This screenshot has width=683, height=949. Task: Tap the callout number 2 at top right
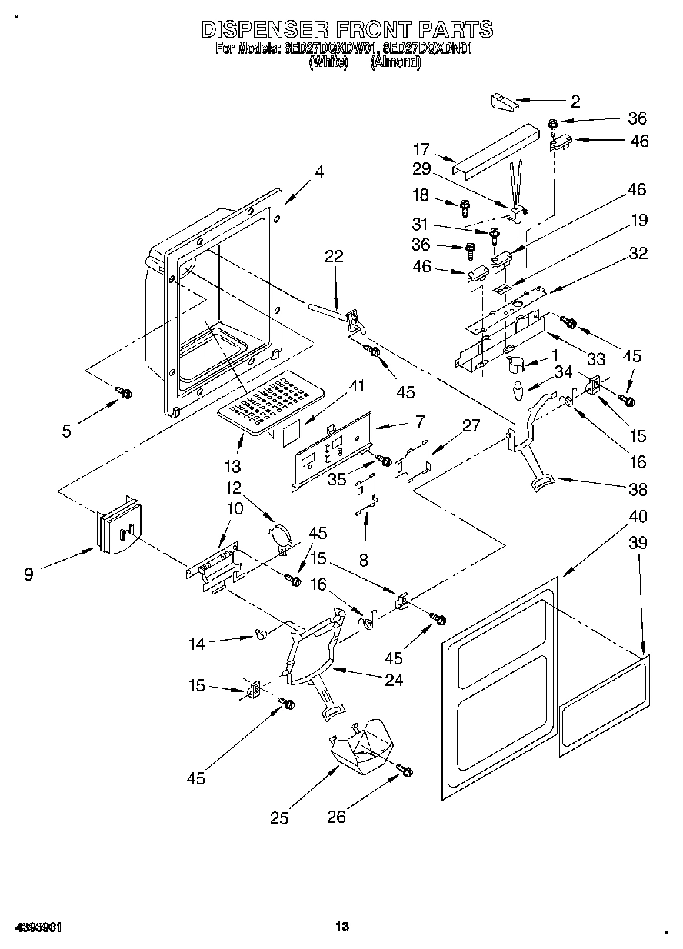point(575,101)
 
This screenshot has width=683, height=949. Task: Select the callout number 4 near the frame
point(318,173)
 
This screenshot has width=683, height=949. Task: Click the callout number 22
point(333,257)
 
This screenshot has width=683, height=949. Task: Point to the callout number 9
point(28,574)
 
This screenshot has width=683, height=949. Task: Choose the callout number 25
point(279,818)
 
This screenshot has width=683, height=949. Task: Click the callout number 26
point(337,817)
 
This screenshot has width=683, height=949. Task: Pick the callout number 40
point(638,516)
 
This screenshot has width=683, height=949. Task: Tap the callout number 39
point(638,543)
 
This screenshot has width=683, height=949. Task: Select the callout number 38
point(638,489)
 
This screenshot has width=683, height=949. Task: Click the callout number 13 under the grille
point(232,466)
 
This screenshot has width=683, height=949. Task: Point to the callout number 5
point(67,431)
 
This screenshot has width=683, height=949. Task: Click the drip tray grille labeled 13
point(269,400)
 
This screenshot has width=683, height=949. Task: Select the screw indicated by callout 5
point(123,393)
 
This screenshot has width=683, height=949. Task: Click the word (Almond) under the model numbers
point(395,64)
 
